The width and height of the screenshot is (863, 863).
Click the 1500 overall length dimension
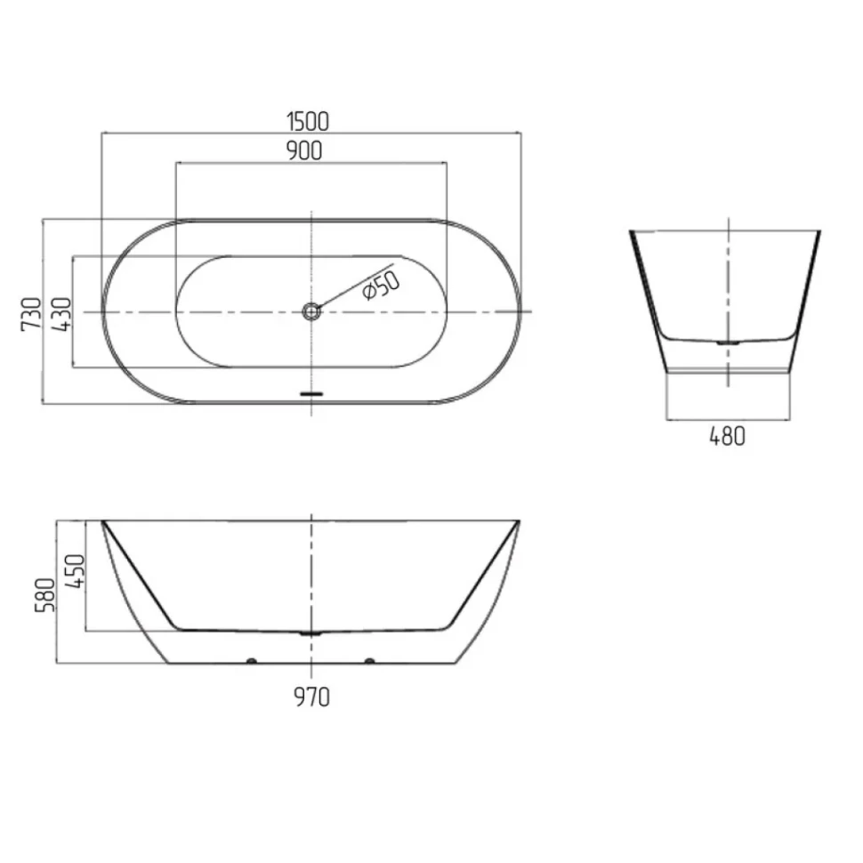click(x=308, y=122)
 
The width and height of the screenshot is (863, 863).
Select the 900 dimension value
click(x=304, y=151)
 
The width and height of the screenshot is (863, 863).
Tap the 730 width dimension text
click(x=31, y=314)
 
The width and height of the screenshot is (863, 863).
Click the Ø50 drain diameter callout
click(x=381, y=285)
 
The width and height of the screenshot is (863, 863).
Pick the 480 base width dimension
click(x=727, y=437)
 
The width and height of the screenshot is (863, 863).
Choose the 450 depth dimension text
click(x=75, y=571)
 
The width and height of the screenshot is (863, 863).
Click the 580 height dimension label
click(x=45, y=595)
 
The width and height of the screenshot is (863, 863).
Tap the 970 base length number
click(x=311, y=698)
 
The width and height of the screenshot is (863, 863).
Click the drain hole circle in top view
click(x=311, y=312)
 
